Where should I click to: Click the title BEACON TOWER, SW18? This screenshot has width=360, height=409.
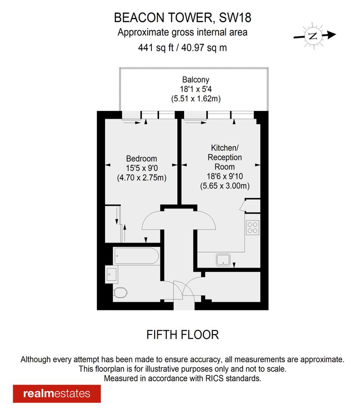coord(182,18)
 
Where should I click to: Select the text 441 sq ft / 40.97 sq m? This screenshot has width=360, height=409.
coord(182,47)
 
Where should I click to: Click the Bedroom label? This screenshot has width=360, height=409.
coord(141,159)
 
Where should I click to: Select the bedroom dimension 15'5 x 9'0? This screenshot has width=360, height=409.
coord(141,168)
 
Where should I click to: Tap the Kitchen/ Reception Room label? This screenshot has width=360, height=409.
coord(225,157)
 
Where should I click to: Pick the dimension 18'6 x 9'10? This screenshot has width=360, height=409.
coord(225,176)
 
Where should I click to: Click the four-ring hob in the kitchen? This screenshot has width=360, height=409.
coord(252,227)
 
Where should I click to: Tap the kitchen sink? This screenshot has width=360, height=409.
coord(224,259)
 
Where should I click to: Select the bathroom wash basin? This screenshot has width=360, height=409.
coord(111,274)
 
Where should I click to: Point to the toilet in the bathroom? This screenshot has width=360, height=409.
coord(120,292)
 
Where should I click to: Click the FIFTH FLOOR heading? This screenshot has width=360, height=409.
coord(182,335)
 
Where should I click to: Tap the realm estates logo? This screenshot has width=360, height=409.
coord(57,394)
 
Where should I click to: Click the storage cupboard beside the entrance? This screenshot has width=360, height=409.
coord(232,287)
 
